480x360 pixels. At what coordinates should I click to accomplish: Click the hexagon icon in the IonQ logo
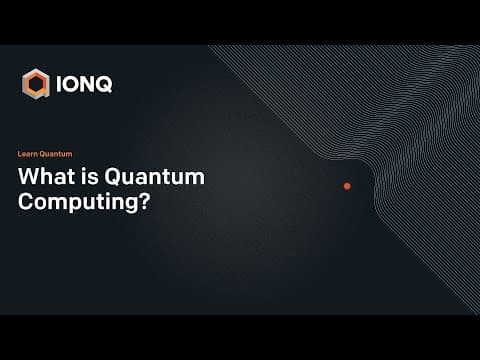[x=36, y=84]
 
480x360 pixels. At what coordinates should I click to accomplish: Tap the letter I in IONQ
[x=60, y=84]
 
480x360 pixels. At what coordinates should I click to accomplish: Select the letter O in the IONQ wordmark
[x=72, y=84]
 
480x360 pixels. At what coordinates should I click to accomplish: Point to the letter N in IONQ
[x=88, y=84]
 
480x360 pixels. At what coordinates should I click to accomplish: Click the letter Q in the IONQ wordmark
[x=104, y=84]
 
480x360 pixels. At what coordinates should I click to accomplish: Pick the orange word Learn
[x=28, y=154]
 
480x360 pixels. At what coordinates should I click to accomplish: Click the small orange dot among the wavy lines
[x=347, y=186]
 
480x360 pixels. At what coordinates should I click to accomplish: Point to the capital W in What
[x=30, y=177]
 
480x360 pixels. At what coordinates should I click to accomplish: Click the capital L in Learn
[x=20, y=154]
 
